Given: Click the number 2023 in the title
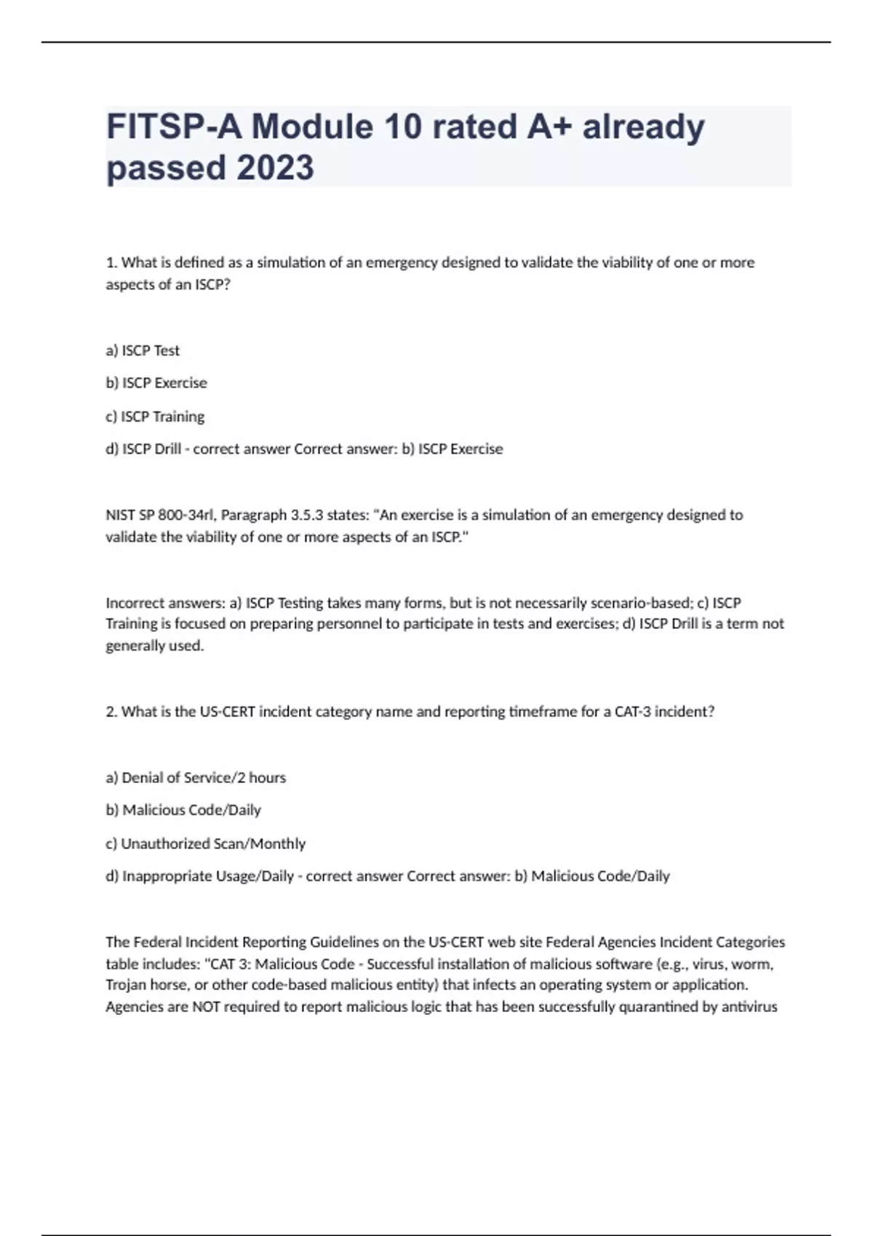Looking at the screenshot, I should pyautogui.click(x=276, y=167).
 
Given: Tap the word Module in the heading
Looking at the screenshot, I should pyautogui.click(x=312, y=127).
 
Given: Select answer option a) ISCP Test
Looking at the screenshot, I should pyautogui.click(x=143, y=350).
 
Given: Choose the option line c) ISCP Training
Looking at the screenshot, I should pyautogui.click(x=155, y=417).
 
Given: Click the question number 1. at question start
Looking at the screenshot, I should pyautogui.click(x=111, y=262).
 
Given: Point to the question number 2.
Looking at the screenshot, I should pyautogui.click(x=111, y=712).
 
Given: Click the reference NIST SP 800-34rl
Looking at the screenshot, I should pyautogui.click(x=159, y=515).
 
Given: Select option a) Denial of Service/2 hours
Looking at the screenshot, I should pyautogui.click(x=196, y=778).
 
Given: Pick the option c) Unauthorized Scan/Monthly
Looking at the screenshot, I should pyautogui.click(x=205, y=844).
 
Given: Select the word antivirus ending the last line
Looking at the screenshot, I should pyautogui.click(x=749, y=1007).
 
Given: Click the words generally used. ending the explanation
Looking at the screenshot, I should pyautogui.click(x=154, y=646).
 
